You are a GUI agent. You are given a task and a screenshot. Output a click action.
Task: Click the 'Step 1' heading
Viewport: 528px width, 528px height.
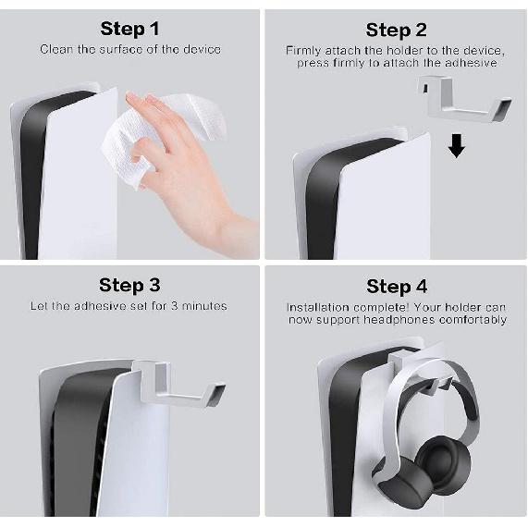pos(129,29)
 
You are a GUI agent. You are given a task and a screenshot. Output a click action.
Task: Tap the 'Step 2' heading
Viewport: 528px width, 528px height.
pos(397,31)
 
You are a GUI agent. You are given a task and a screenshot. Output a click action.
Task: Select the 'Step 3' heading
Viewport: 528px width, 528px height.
pos(129,286)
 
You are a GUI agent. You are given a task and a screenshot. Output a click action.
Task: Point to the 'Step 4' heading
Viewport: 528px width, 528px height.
pos(397,287)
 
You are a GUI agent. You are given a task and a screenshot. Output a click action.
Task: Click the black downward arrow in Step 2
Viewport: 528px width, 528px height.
pos(457,146)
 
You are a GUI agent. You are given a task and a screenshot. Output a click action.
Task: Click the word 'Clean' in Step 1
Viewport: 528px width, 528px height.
pos(56,50)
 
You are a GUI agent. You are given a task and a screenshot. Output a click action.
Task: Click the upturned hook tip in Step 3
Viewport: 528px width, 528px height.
pos(215,394)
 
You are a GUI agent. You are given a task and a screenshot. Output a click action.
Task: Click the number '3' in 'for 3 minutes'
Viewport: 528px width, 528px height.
pos(174,306)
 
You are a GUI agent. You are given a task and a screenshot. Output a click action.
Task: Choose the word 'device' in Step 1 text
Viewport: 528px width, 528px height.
pos(202,50)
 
